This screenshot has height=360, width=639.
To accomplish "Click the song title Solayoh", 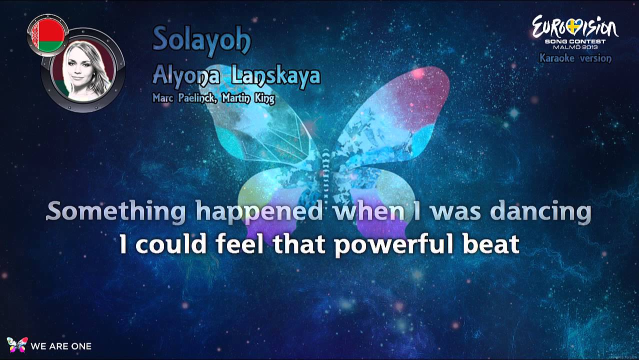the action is tap(202, 40).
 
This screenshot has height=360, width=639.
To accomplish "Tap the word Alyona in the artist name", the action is tap(186, 76).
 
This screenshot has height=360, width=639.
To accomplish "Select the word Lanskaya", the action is tap(276, 75).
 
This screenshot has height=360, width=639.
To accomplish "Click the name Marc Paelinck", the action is tap(183, 98).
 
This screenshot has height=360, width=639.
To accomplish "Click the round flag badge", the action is tap(48, 35).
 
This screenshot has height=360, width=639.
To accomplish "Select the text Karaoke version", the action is tap(575, 58).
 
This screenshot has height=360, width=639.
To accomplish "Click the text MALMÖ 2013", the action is tap(575, 47).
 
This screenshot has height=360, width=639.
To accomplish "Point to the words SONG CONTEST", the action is tap(575, 41).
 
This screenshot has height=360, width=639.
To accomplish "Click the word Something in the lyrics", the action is tap(116, 211).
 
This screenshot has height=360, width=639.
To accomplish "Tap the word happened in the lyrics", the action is tap(259, 212).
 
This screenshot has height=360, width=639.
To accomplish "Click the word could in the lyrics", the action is tap(170, 243).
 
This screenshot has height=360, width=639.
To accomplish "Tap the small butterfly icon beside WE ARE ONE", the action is tap(17, 344).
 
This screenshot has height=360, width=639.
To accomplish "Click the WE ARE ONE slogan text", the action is tap(61, 346).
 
